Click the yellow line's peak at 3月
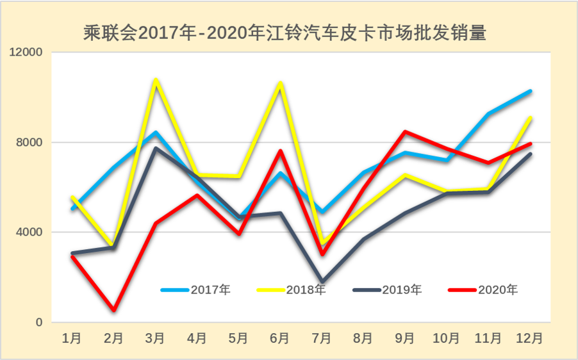click(156, 80)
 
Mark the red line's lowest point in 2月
click(114, 311)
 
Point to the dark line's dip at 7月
click(322, 282)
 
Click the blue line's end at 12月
click(531, 91)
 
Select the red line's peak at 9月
click(406, 132)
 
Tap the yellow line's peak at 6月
click(281, 83)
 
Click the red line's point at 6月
click(281, 151)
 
